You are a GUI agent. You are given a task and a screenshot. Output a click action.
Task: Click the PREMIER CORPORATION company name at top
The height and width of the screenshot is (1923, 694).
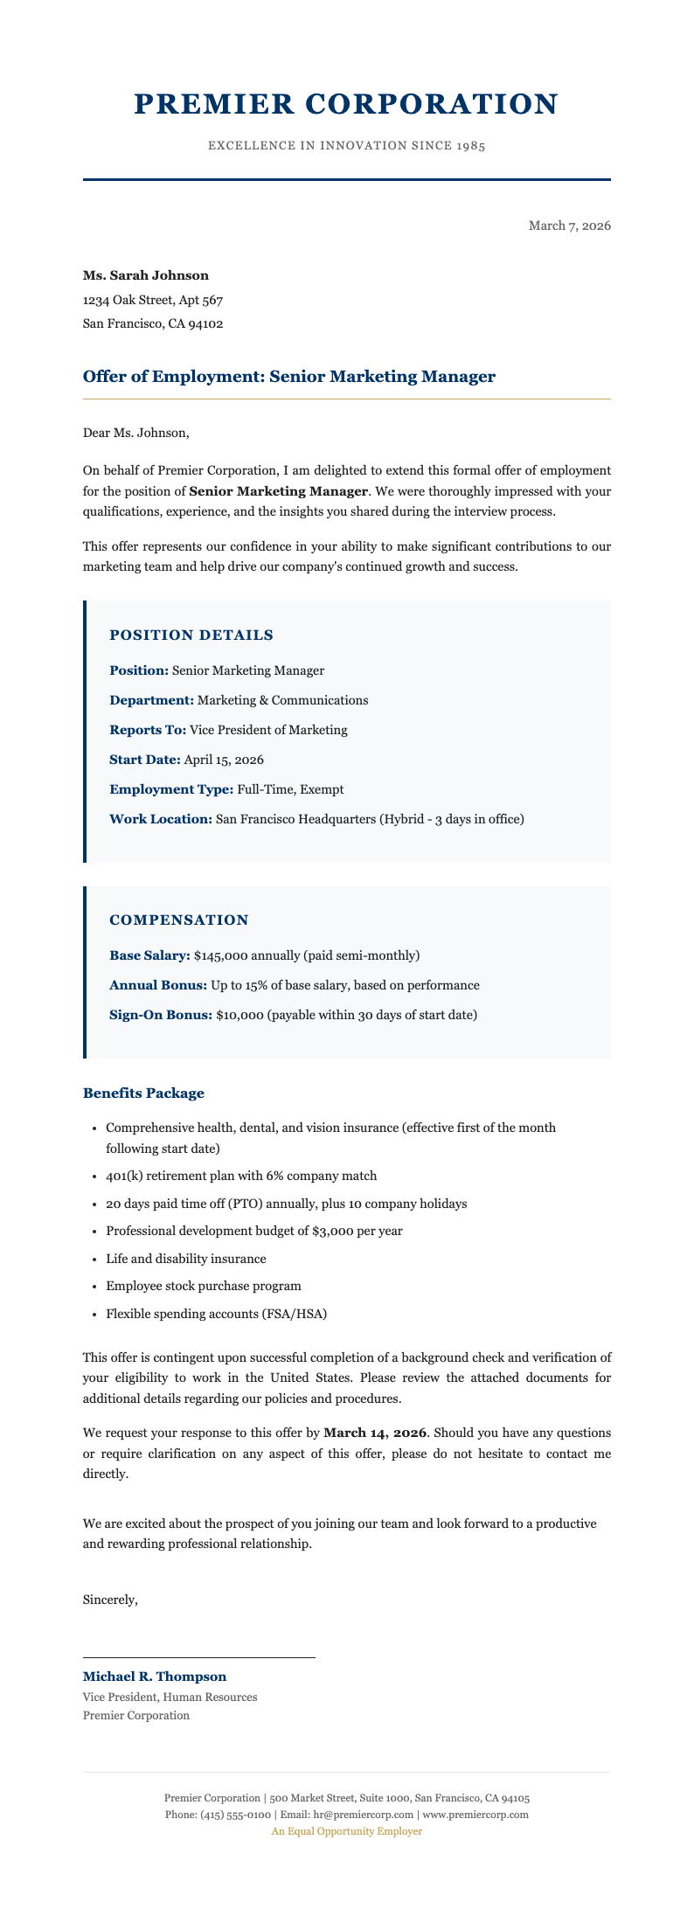346,104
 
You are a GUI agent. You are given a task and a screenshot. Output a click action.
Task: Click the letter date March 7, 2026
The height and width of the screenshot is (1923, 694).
569,226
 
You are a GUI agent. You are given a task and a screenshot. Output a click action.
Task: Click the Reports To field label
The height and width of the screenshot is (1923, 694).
148,730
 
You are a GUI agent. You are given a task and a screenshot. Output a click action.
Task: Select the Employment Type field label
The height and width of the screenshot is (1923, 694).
170,789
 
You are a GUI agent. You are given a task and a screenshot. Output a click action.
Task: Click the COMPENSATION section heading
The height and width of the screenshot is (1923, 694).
179,920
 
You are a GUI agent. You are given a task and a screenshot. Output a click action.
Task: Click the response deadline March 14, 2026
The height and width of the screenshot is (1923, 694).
375,1434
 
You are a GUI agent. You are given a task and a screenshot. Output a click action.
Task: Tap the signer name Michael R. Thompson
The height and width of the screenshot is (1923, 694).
154,1677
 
